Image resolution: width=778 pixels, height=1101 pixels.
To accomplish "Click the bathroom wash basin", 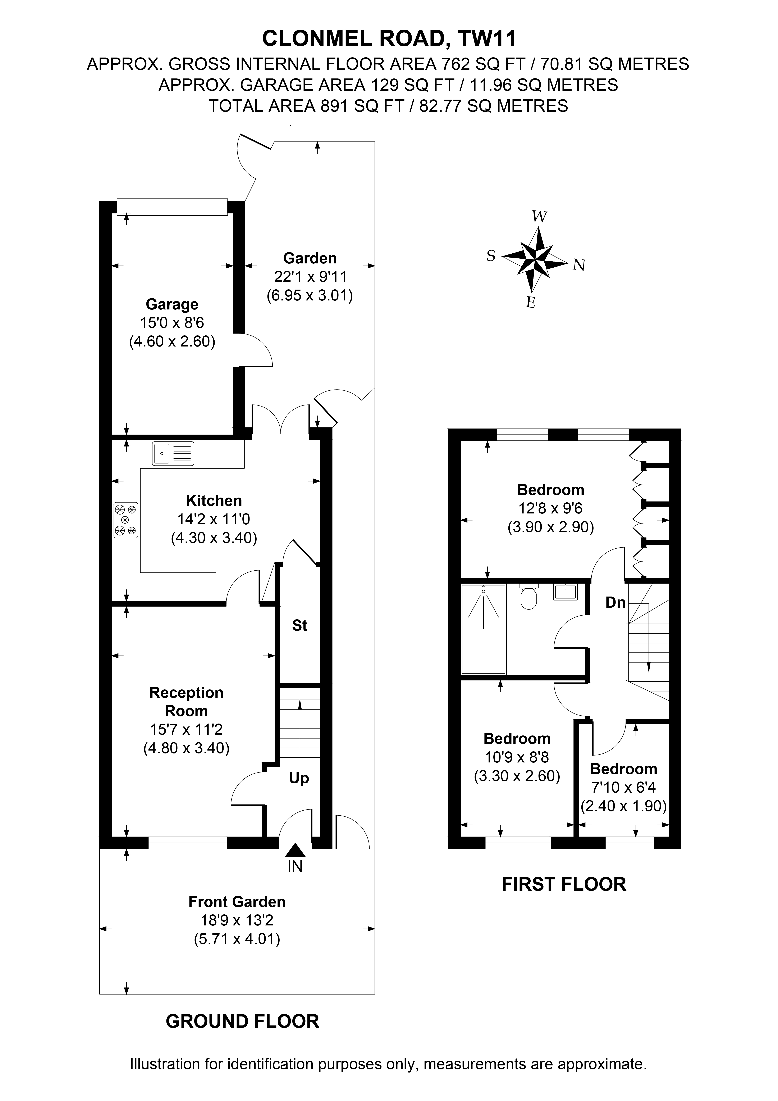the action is coord(566,592).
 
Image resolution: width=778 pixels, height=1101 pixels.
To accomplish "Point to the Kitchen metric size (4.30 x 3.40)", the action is coord(214,538).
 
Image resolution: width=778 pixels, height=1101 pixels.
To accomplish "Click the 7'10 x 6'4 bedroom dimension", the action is coord(624,787).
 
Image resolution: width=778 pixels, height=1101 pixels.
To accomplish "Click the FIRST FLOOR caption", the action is coord(564,884).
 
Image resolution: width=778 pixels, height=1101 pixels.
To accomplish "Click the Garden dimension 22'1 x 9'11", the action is coord(310,277).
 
